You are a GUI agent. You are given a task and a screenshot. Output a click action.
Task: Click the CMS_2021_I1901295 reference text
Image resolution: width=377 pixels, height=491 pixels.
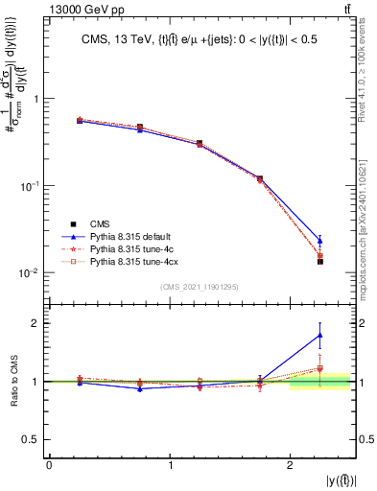200,287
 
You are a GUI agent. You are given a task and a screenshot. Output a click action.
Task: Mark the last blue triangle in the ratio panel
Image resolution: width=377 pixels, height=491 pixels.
320,335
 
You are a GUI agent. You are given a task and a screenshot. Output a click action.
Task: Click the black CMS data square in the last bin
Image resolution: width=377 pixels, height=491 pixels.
320,261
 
